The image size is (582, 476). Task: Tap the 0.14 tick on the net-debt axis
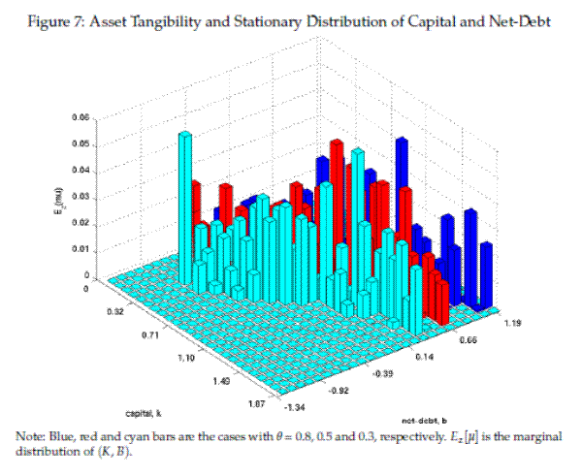point(424,358)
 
